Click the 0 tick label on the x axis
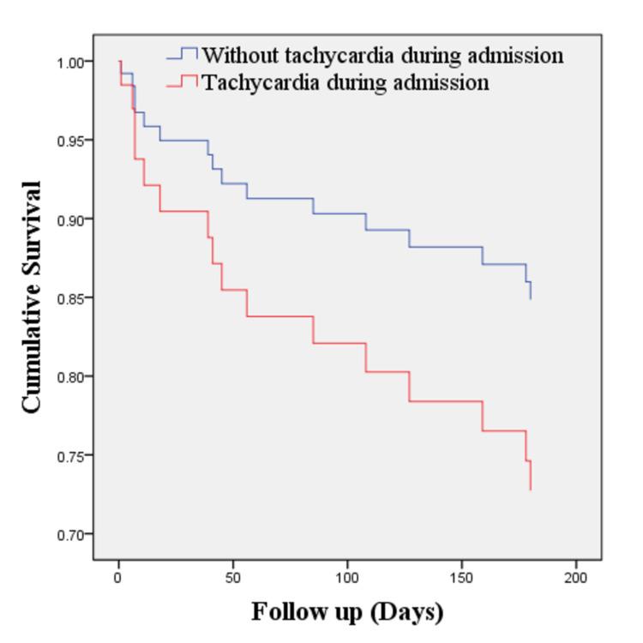[118, 579]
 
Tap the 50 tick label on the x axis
[233, 579]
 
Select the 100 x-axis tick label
[347, 579]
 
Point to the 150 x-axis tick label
[462, 579]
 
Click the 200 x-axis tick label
[576, 579]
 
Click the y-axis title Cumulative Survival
[32, 297]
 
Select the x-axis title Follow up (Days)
[347, 612]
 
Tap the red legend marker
[182, 82]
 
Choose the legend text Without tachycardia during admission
[382, 56]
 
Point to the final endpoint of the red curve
[531, 490]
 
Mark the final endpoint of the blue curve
[531, 298]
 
